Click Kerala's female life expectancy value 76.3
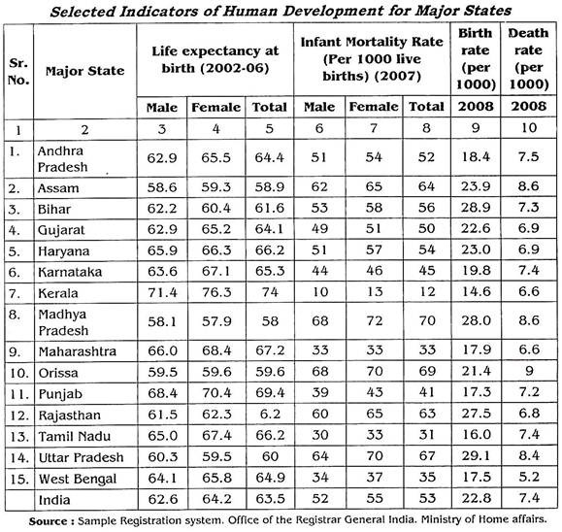click(216, 292)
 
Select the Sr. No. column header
click(18, 71)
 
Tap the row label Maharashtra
click(78, 351)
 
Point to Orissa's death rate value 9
click(529, 371)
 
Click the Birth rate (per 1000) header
click(476, 59)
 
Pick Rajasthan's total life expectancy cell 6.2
click(270, 415)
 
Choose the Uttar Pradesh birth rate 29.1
click(476, 456)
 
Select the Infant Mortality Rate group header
click(372, 59)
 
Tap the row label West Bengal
click(78, 479)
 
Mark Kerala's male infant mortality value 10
click(319, 292)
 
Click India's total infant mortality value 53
click(426, 498)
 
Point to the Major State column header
click(85, 71)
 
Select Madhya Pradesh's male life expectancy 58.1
click(162, 321)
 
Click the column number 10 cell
click(529, 128)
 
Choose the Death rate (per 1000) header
click(529, 59)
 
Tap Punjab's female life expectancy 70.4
click(216, 393)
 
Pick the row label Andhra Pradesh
click(62, 159)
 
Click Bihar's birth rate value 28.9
click(476, 208)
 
